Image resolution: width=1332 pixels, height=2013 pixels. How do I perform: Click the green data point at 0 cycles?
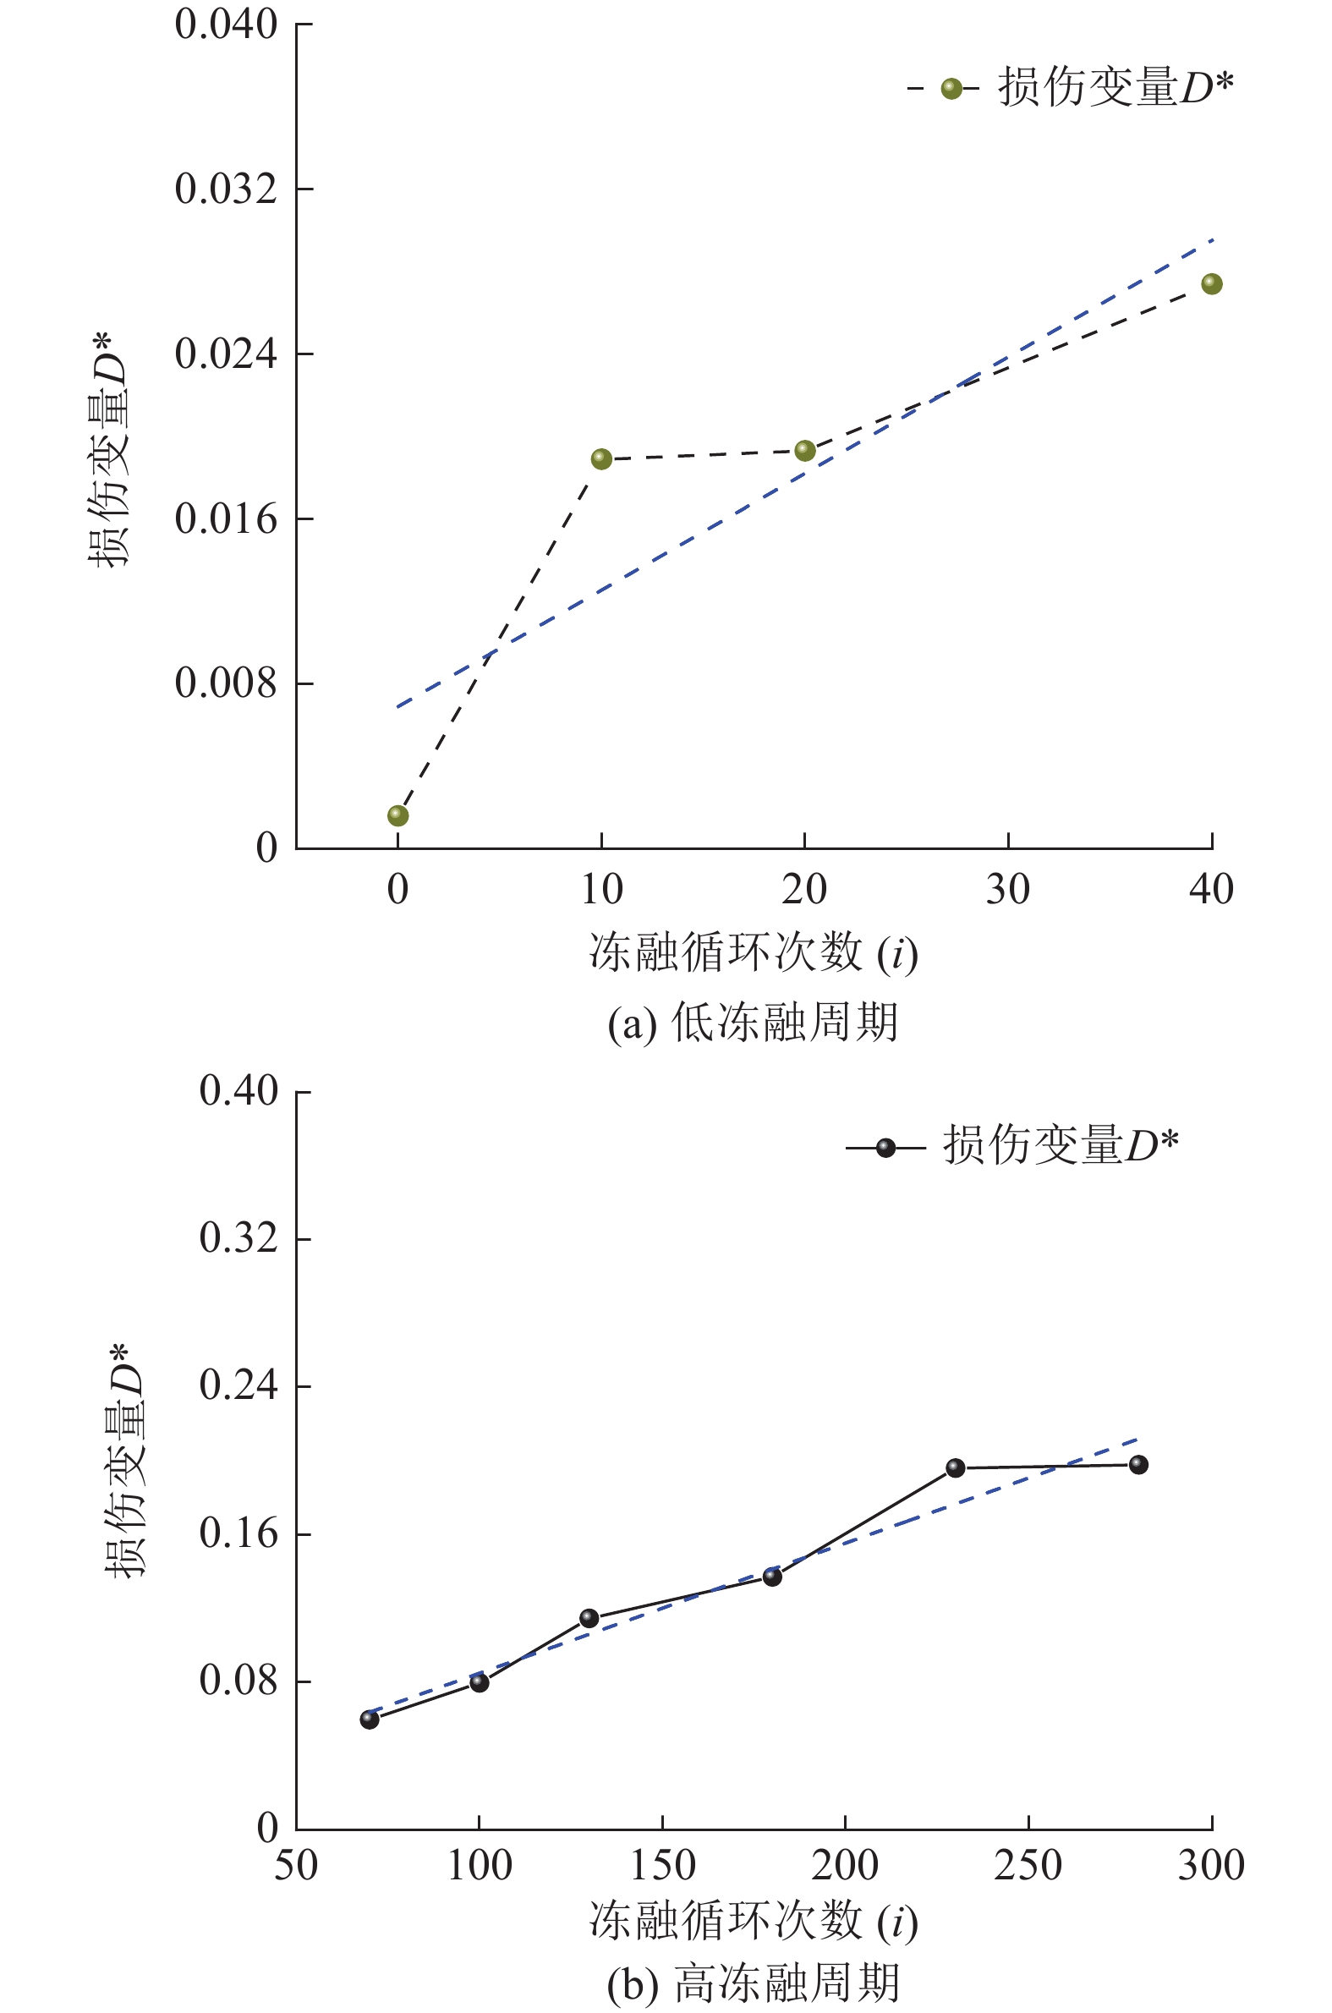(397, 815)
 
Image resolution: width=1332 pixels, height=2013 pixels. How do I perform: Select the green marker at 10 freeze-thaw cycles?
(601, 459)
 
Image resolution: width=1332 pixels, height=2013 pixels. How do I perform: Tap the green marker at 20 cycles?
(804, 450)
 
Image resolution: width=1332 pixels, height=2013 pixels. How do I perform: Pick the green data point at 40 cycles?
(1211, 283)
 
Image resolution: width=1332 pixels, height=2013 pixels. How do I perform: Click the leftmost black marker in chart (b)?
(370, 1720)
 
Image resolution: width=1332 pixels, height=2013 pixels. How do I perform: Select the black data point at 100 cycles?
(480, 1682)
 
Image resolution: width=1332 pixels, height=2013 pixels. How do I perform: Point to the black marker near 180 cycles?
(772, 1577)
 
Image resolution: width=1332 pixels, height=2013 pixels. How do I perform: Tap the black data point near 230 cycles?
(956, 1467)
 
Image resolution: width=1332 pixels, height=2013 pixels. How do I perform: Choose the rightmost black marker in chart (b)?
(1138, 1464)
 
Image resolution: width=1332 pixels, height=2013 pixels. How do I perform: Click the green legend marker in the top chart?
(951, 88)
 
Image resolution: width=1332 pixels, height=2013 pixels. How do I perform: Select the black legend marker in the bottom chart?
(885, 1149)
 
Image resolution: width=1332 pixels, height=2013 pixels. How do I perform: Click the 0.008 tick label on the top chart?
(225, 683)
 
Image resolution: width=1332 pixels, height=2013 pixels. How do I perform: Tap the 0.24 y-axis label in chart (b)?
(238, 1385)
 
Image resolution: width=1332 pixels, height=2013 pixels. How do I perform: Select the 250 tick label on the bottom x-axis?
(1028, 1866)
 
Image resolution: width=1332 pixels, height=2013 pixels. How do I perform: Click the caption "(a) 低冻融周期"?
(753, 1022)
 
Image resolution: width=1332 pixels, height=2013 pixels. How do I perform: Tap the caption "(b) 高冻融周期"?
(753, 1983)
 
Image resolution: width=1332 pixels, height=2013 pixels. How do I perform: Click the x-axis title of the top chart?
(753, 952)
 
